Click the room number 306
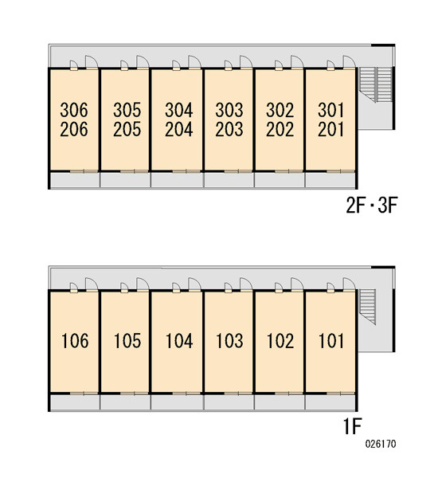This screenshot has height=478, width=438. [74, 110]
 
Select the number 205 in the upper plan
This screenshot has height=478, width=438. [127, 129]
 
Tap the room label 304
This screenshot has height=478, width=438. [179, 110]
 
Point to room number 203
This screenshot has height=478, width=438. [229, 129]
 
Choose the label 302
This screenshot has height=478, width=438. [280, 110]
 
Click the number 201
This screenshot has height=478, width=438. [330, 129]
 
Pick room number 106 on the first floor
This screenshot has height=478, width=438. [75, 340]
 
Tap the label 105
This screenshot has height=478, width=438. [127, 340]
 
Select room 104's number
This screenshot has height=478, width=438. [179, 340]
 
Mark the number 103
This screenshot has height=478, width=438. [229, 340]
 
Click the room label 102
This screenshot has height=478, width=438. [280, 340]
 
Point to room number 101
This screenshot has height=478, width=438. [331, 340]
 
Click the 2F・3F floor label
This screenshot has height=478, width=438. [372, 206]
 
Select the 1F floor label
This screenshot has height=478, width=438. [353, 426]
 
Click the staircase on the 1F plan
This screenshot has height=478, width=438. [368, 307]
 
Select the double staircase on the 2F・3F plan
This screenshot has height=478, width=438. [376, 84]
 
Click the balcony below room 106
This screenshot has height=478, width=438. [75, 402]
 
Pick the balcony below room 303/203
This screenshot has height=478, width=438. [229, 180]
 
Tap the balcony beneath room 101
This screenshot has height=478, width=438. [330, 402]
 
